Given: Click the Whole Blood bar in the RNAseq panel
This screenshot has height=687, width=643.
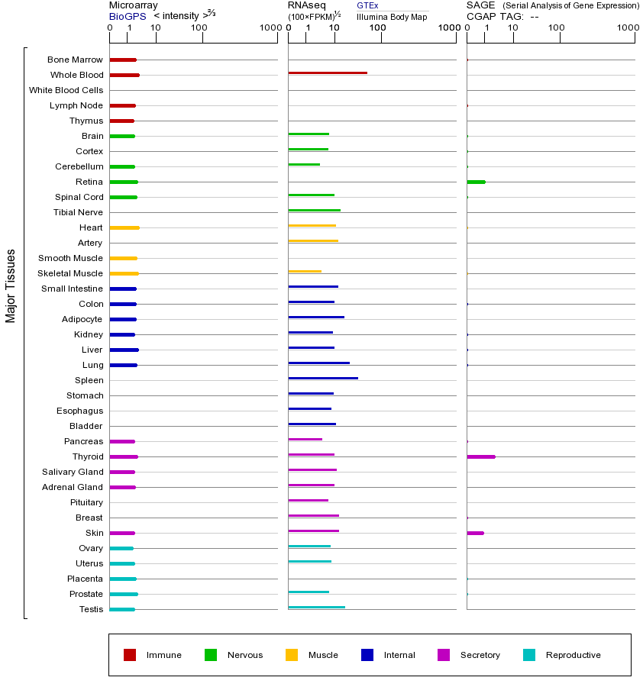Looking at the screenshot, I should click(x=328, y=73).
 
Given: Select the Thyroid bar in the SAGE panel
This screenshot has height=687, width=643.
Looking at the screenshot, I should click(x=481, y=456).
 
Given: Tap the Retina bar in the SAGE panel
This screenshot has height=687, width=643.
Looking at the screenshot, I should click(x=476, y=182).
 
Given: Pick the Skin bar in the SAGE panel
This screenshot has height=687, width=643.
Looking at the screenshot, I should click(x=475, y=533).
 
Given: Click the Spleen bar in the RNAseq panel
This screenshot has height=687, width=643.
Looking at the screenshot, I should click(x=323, y=378).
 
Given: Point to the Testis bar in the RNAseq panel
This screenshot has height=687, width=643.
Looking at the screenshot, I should click(x=316, y=607).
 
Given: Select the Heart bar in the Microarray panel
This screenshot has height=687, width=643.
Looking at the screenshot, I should click(x=124, y=227).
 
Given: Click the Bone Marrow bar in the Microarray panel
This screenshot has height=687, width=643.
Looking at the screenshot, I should click(x=123, y=60).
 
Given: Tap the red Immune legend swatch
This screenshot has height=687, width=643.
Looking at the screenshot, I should click(x=130, y=655).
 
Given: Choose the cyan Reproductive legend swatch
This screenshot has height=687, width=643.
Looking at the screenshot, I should click(x=529, y=655).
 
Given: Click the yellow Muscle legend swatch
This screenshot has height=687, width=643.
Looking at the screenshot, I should click(x=292, y=655).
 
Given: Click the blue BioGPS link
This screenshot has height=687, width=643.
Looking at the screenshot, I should click(x=125, y=16).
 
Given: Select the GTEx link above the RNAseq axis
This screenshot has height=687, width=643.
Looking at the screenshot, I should click(x=367, y=5).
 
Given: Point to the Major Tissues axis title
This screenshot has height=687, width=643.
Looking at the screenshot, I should click(x=11, y=285).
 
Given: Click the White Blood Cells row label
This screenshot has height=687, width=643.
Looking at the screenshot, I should click(x=66, y=90).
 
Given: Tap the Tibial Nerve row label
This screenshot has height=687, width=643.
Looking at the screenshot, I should click(x=78, y=212).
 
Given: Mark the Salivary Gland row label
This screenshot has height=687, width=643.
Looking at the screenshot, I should click(x=73, y=472).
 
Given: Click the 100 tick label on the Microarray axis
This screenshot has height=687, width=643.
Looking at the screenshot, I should click(x=199, y=28).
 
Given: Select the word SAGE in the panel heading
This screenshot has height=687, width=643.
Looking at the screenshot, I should click(x=479, y=5).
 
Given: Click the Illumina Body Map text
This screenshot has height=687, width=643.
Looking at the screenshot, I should click(x=392, y=17).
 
